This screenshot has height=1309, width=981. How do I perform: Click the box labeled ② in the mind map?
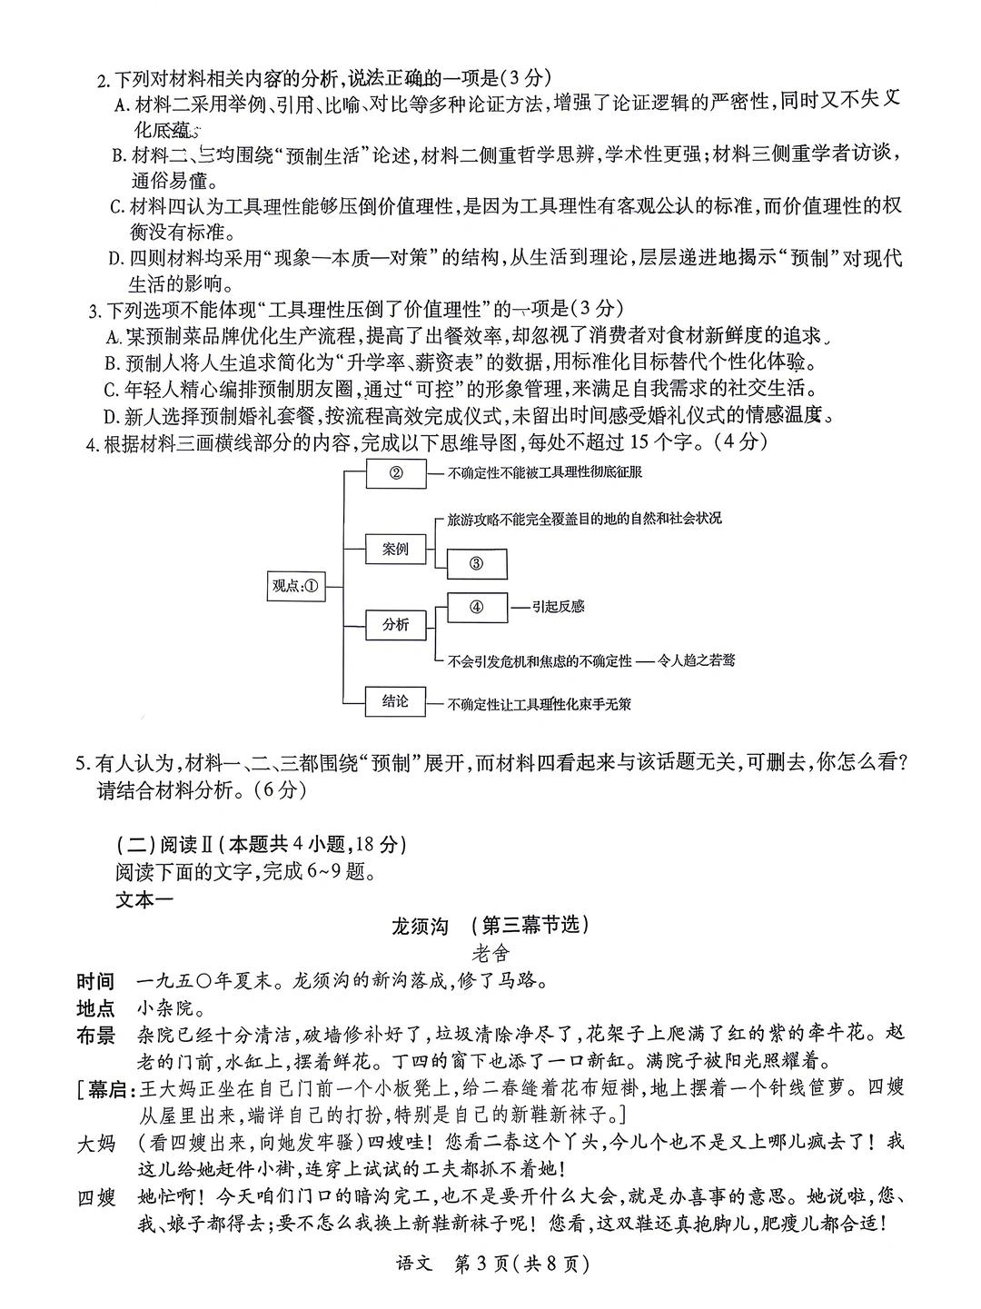click(395, 472)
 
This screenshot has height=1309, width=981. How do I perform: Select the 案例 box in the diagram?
click(395, 549)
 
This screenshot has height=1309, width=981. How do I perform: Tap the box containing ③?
click(477, 563)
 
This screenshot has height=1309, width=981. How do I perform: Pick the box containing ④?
click(477, 607)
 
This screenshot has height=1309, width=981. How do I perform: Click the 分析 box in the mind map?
click(395, 624)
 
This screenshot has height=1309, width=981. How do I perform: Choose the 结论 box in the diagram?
click(395, 700)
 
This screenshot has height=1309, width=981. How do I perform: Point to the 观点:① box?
click(294, 586)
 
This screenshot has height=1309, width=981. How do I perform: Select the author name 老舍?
click(491, 954)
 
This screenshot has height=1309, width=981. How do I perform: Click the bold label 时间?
click(96, 982)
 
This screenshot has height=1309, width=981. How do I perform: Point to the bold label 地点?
click(96, 1009)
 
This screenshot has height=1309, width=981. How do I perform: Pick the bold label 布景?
click(96, 1036)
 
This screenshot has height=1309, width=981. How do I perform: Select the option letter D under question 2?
click(114, 259)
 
